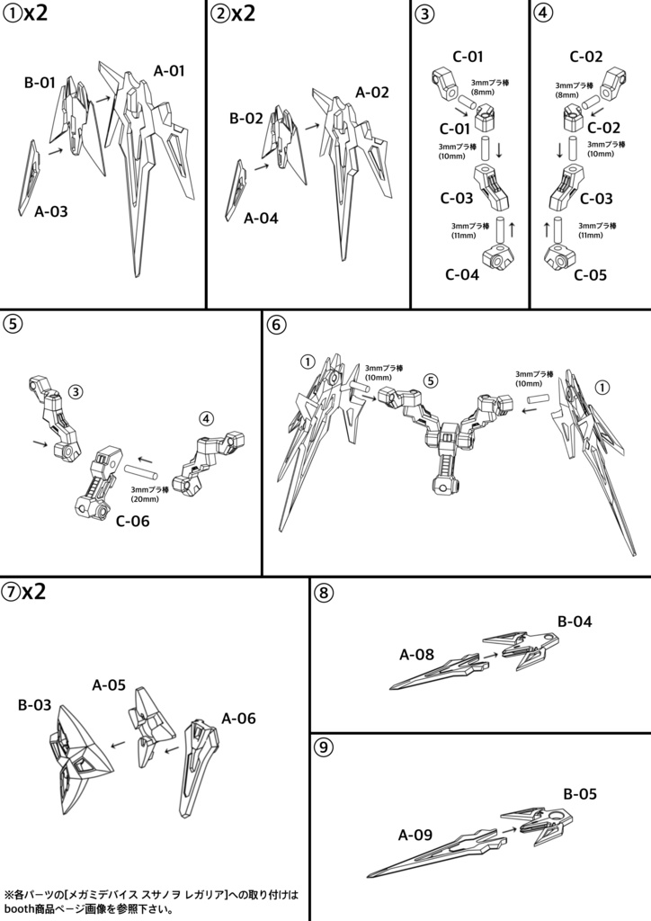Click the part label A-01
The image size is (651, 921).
[x=170, y=70]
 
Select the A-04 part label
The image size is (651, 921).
[x=262, y=217]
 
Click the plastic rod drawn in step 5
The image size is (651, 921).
[x=140, y=470]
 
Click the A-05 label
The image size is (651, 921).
[x=111, y=684]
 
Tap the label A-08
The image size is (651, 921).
[x=416, y=654]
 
